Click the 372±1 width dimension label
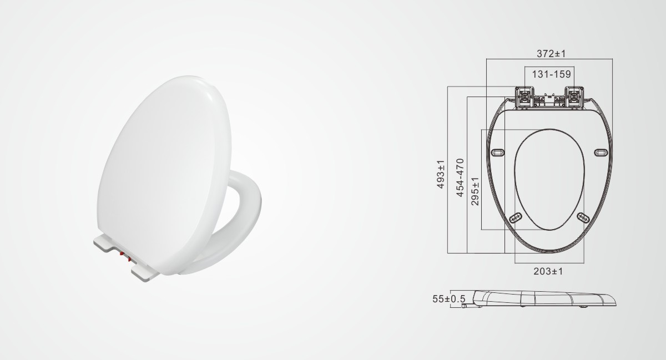tap(551, 54)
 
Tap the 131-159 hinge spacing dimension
tap(551, 74)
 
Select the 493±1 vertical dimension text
tap(441, 174)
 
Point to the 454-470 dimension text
tap(460, 178)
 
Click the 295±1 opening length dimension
tap(475, 191)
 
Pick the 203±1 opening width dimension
tap(548, 271)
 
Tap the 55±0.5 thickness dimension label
tap(448, 299)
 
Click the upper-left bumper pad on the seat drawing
tap(498, 153)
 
